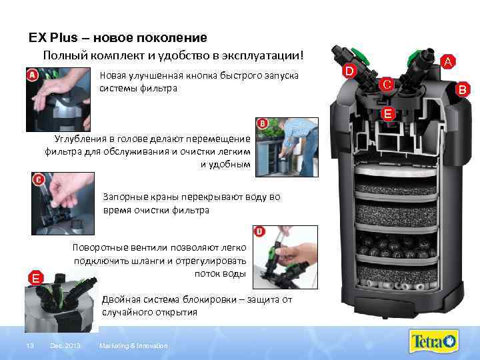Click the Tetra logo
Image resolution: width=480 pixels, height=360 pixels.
[433, 341]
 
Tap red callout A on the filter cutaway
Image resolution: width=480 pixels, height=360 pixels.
[448, 61]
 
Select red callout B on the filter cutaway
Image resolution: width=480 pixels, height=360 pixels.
[462, 89]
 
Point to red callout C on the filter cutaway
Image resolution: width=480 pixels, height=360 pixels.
[386, 84]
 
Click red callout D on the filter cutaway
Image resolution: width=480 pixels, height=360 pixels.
[349, 71]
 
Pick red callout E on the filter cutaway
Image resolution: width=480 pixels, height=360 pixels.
[387, 114]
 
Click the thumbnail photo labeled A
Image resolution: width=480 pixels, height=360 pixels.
[58, 100]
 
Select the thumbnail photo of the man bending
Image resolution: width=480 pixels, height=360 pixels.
[287, 147]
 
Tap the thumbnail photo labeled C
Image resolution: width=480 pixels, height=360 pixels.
[63, 203]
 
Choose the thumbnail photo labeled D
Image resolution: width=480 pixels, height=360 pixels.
[285, 257]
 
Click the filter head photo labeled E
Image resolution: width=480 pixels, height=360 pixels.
[61, 301]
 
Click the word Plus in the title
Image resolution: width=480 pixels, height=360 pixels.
[64, 37]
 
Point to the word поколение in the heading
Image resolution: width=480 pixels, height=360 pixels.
[171, 38]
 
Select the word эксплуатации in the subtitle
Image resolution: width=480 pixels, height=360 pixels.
[263, 55]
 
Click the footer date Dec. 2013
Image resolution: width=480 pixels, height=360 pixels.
[65, 345]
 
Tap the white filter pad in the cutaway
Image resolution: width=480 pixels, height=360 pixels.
[396, 170]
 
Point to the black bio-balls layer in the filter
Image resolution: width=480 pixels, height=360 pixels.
[397, 244]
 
